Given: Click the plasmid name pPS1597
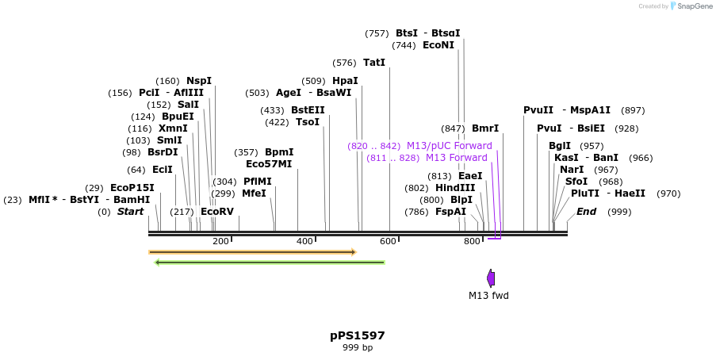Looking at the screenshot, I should point(357,335).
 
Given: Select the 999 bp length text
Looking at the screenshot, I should point(357,347).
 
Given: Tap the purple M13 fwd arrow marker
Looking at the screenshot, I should point(491,278).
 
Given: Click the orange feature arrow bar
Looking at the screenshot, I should point(252,252).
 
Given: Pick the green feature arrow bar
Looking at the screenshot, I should point(270,262).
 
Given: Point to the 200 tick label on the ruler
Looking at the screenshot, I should point(220,241).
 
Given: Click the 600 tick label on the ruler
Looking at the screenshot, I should point(388,241).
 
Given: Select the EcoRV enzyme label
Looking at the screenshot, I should point(216,212).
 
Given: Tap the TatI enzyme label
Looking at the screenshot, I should point(374,63).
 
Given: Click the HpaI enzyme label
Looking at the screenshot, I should point(345,81).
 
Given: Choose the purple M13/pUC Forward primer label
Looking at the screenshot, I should point(449,146).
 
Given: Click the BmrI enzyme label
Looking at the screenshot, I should point(485,128).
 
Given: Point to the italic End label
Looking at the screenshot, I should point(586,212).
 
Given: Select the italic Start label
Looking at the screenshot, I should point(130,212).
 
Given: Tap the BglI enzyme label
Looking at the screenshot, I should point(559,146).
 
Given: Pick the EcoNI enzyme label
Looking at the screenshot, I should point(438,45).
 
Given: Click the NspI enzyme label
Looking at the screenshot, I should point(199,81).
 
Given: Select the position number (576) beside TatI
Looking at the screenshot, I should point(344,63).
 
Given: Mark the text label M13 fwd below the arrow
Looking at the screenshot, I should point(488,296).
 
